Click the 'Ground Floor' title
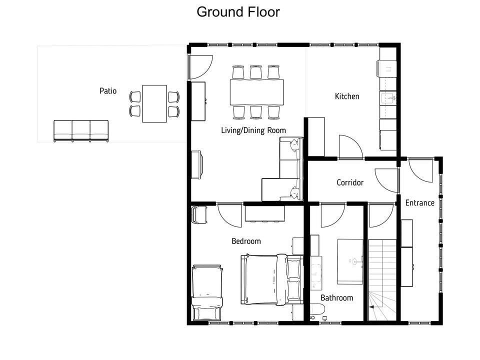click(x=238, y=12)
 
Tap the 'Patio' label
click(x=108, y=91)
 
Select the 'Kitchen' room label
click(x=347, y=96)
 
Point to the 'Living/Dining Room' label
click(x=253, y=130)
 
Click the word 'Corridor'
click(x=350, y=183)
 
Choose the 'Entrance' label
click(x=419, y=203)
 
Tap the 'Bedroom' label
click(x=246, y=241)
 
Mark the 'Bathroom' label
click(x=336, y=298)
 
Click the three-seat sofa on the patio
click(x=81, y=131)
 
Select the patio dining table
click(x=154, y=104)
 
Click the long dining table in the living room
click(x=257, y=92)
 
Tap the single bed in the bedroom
click(x=207, y=292)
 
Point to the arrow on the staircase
click(x=372, y=306)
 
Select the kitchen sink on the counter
click(x=388, y=98)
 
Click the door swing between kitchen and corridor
click(x=351, y=147)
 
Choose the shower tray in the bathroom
click(x=350, y=261)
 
